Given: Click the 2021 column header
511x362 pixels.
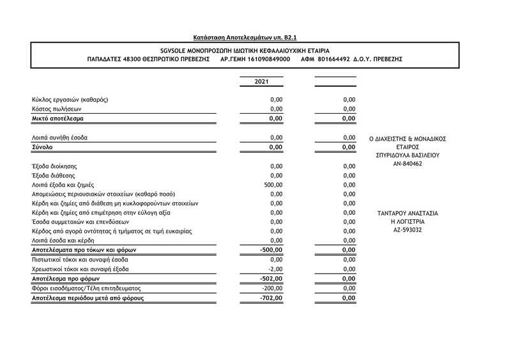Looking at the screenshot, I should [x=261, y=82].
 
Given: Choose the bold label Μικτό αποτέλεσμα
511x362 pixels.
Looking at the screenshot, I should [x=57, y=118].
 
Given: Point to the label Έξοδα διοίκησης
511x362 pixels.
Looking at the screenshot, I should [x=56, y=166].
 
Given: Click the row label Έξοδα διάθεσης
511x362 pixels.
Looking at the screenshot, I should [x=54, y=175].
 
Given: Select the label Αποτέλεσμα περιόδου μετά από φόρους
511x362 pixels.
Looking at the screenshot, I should [x=87, y=298].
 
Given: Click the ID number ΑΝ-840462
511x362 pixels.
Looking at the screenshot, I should [x=408, y=164].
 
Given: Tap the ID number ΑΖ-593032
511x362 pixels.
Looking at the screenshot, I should [x=408, y=230].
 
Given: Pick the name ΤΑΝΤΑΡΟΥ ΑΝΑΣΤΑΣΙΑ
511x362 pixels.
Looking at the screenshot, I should [x=408, y=213].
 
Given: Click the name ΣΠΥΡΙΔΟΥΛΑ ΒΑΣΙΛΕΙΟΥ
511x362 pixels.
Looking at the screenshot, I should [x=408, y=155].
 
